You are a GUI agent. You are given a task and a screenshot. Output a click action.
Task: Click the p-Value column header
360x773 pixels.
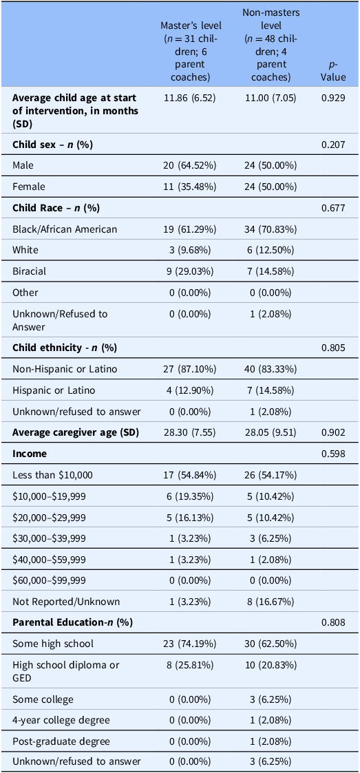[333, 71]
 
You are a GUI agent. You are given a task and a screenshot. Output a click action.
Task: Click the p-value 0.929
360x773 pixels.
[333, 98]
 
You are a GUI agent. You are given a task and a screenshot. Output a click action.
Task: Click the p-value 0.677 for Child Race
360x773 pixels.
[333, 208]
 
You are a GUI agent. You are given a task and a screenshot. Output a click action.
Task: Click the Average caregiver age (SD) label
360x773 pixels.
[76, 434]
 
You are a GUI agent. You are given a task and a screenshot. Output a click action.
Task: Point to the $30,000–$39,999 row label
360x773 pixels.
[49, 539]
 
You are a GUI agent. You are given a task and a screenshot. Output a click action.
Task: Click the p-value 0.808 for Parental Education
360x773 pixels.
[333, 623]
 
